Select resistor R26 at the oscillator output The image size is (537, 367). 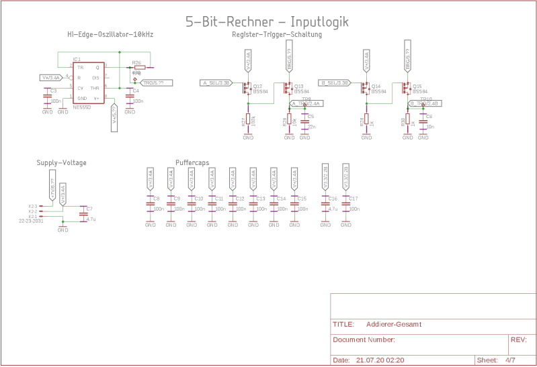(x=138, y=67)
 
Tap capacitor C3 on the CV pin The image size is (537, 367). (x=47, y=97)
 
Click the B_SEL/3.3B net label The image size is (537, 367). (x=334, y=83)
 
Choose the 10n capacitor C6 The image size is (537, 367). (x=423, y=121)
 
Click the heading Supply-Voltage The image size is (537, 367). (x=61, y=162)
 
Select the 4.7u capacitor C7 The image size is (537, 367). (x=83, y=214)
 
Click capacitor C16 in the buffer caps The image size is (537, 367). (x=325, y=204)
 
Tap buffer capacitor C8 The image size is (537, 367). (x=150, y=204)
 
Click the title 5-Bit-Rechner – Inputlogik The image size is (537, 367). (x=267, y=21)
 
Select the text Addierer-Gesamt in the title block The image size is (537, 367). (x=394, y=325)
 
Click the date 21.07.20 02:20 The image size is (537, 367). (x=380, y=360)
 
